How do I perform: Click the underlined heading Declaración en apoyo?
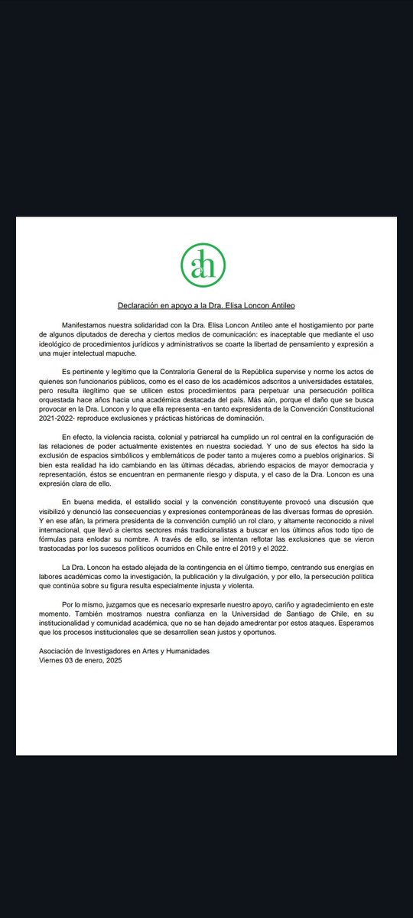(206, 303)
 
